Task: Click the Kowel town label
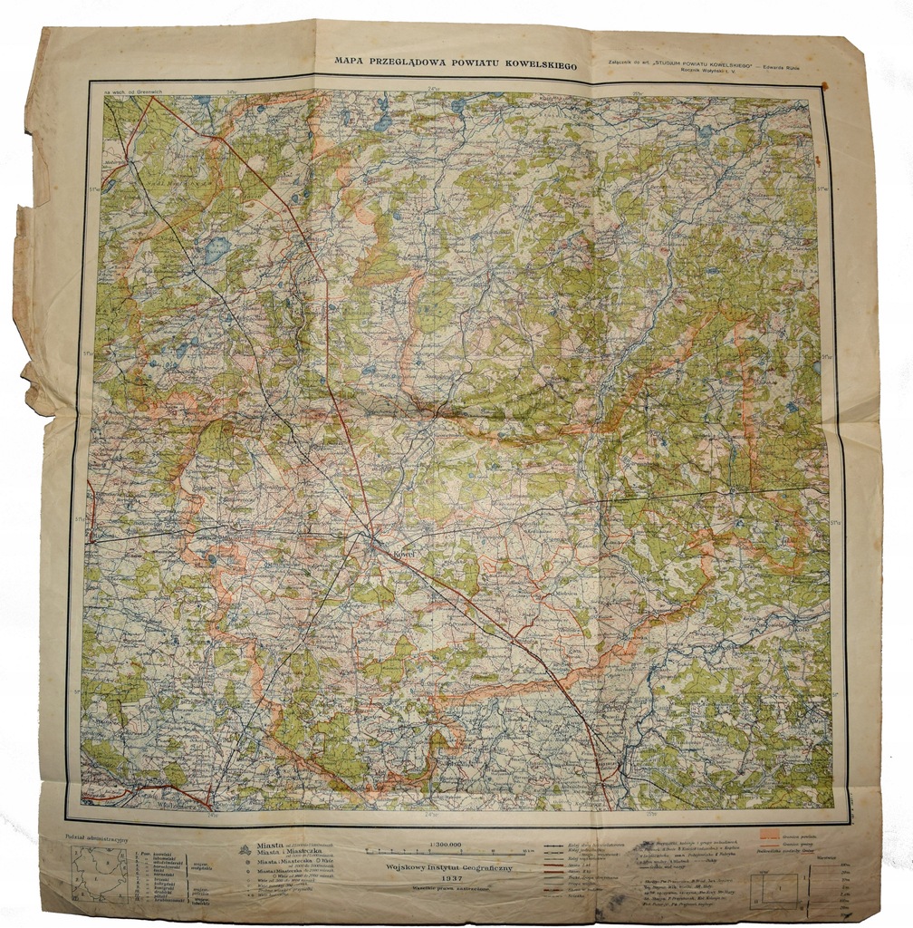(401, 550)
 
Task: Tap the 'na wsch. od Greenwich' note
(132, 92)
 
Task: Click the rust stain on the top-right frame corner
(824, 86)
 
